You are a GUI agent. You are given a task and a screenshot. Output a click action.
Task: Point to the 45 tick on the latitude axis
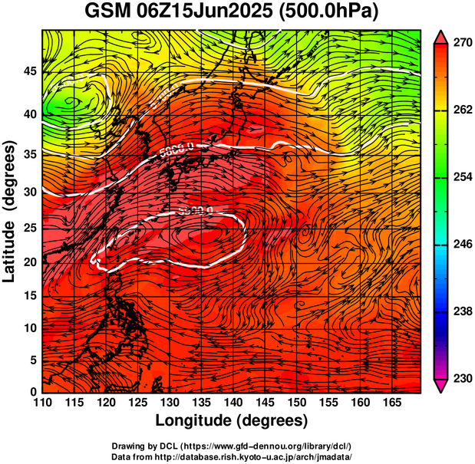[x=28, y=71]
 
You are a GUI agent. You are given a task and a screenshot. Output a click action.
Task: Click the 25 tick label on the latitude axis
[x=28, y=229]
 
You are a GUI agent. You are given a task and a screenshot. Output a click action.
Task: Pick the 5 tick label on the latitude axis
[x=33, y=360]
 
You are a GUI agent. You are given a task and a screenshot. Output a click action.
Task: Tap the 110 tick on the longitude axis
[x=42, y=402]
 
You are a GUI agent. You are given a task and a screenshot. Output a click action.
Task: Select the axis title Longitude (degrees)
[x=232, y=420]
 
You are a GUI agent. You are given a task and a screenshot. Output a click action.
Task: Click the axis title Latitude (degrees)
[x=10, y=210]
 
